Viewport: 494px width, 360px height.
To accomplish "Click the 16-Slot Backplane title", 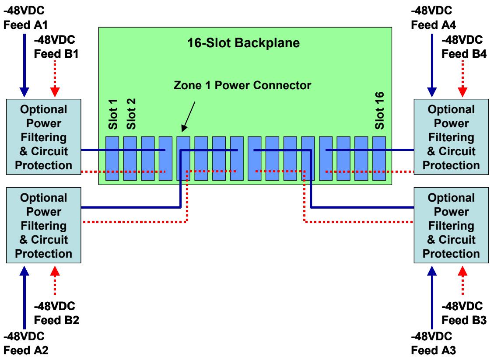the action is coord(243,43).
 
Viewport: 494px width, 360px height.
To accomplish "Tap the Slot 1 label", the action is coord(112,114).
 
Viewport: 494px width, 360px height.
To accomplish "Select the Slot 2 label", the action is coord(131,114).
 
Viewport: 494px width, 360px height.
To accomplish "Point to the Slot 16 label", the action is coord(379,110).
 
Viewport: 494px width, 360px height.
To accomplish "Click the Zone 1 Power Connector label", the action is coord(242,85).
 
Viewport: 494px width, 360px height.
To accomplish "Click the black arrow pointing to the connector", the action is coord(188,116).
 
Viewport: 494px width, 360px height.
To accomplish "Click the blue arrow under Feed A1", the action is coord(24,65).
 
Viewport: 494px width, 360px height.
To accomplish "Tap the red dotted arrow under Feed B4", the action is coord(462,78).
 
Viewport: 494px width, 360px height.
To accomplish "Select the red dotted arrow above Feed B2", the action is coord(55,280).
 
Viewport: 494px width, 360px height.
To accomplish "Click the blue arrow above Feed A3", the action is coord(432,297).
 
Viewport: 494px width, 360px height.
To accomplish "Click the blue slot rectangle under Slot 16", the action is coord(379,158).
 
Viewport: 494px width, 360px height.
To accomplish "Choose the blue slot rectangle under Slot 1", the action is coord(112,158).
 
